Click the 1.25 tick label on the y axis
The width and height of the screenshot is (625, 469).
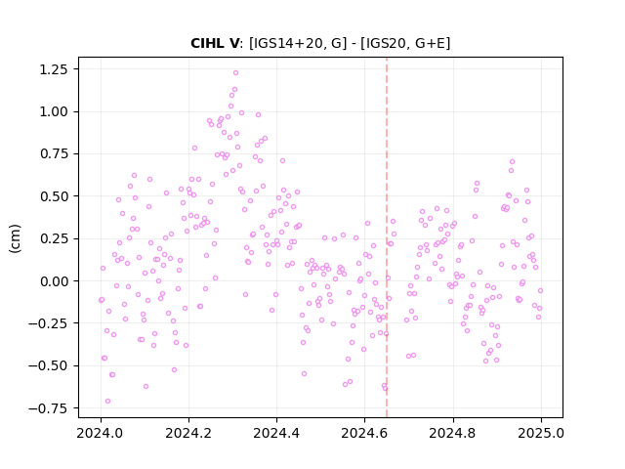(x=54, y=69)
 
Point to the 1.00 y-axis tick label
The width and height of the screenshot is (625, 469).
(x=54, y=111)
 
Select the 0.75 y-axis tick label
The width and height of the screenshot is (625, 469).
(x=54, y=154)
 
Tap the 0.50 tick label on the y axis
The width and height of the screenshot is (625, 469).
(x=54, y=196)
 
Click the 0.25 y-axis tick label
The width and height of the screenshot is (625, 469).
(x=54, y=238)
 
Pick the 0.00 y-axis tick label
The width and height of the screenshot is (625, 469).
(x=54, y=281)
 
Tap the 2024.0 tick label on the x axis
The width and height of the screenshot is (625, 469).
(x=101, y=433)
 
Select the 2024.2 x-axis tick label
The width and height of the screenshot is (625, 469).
(x=188, y=433)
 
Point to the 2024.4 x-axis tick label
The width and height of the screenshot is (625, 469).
(x=276, y=433)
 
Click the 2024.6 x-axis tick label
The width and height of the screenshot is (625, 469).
(x=364, y=433)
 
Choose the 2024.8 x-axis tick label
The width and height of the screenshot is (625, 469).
(x=453, y=433)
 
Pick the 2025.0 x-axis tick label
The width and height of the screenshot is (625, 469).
(x=541, y=433)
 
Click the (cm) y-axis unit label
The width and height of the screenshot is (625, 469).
(x=15, y=238)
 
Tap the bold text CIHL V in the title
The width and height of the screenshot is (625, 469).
(x=215, y=43)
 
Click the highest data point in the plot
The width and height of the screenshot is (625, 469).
(x=235, y=73)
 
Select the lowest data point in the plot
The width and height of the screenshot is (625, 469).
(x=107, y=402)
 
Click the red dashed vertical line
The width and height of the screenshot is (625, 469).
(x=387, y=237)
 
